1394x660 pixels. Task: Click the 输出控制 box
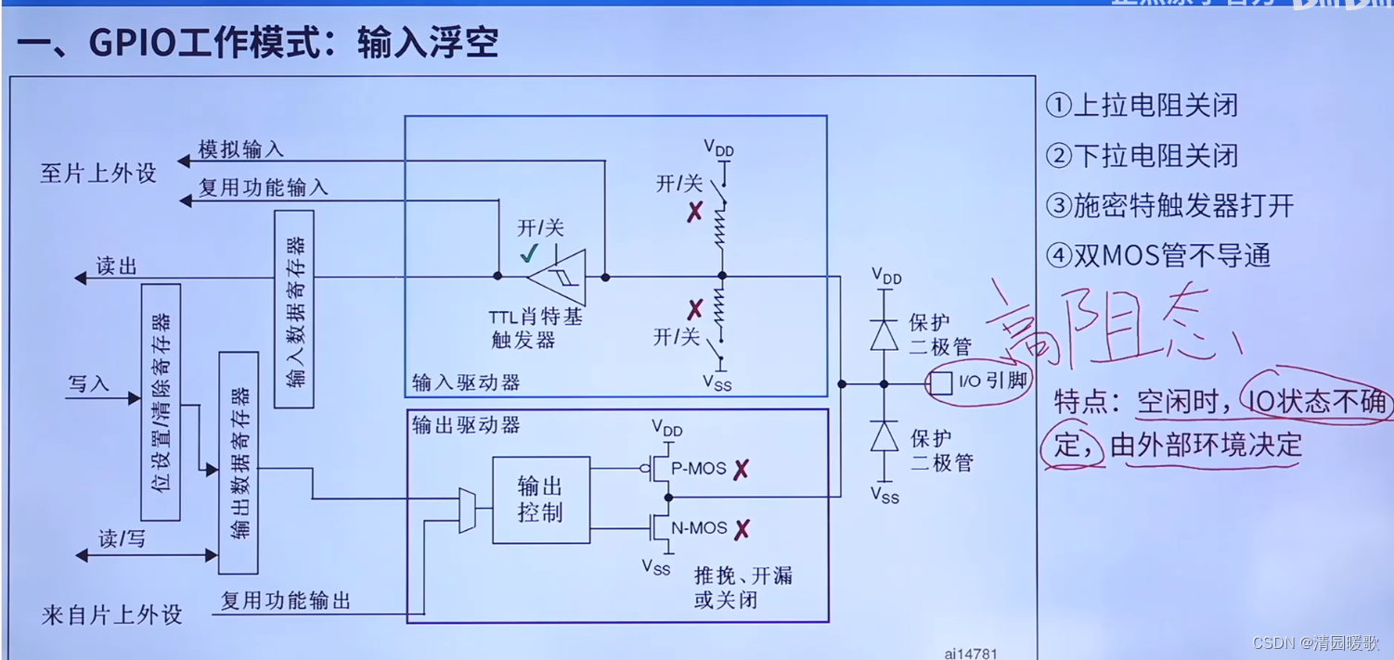coord(541,499)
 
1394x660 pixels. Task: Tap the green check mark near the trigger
coord(529,253)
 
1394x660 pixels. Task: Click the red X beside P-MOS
coord(741,470)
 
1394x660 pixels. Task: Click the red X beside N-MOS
coord(742,530)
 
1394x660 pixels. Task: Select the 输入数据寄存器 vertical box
coord(295,309)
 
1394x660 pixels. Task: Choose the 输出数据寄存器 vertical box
coord(239,462)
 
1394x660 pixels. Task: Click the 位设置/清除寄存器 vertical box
coord(161,402)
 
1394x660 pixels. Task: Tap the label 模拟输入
coord(241,149)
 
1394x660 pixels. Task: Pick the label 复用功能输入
coord(264,188)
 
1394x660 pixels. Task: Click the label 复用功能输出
coord(286,601)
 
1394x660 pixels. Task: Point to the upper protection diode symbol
coord(884,334)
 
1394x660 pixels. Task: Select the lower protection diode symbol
coord(884,436)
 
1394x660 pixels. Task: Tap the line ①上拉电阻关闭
coord(1142,105)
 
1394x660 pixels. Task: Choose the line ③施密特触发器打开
coord(1169,205)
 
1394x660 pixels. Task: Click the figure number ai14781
coord(971,654)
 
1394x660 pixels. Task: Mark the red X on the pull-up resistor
coord(695,213)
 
